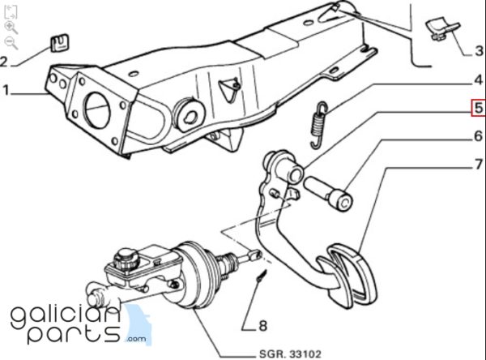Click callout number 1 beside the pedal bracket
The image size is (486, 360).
point(6,91)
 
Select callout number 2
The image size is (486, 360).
point(3,61)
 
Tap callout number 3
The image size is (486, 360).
point(480,51)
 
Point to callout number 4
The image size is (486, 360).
point(479,80)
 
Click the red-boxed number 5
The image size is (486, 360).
point(479,108)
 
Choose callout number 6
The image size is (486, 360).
point(479,136)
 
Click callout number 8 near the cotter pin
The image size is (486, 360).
point(262,326)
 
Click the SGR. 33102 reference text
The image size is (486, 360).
point(290,354)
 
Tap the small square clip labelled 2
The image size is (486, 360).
point(60,43)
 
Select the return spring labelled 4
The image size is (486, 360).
point(318,125)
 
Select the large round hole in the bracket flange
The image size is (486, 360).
point(97,110)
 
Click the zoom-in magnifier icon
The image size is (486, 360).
point(11,28)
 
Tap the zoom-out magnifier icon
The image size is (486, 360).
point(11,43)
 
